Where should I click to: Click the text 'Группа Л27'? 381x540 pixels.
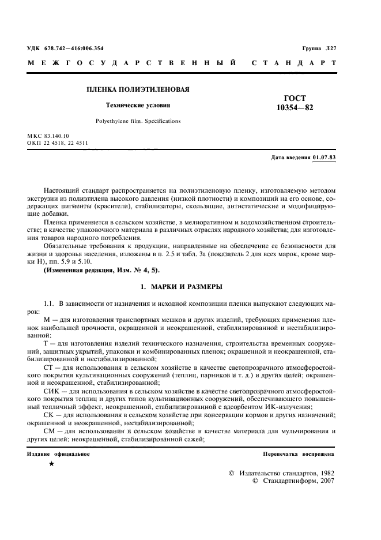(x=319, y=48)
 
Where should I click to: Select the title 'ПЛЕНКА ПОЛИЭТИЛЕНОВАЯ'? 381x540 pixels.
(x=138, y=90)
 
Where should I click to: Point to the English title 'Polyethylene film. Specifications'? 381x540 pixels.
(x=138, y=121)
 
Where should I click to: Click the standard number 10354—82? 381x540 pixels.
(x=295, y=107)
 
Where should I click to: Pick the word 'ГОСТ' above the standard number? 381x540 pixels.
(x=295, y=98)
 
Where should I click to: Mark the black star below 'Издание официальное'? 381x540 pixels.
(x=51, y=463)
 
